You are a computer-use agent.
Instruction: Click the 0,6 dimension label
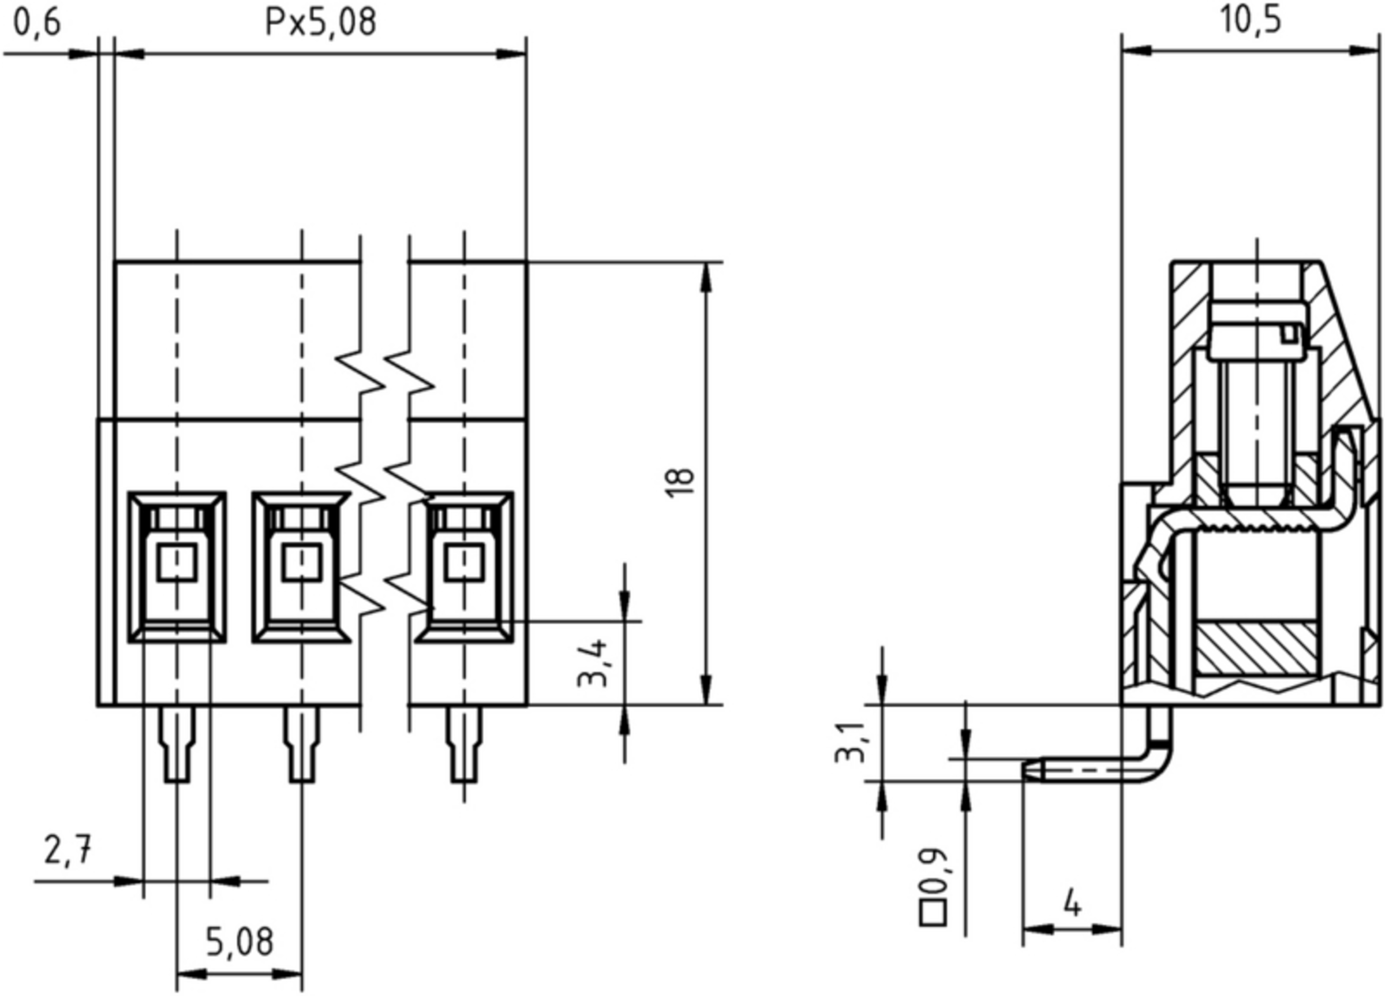pos(38,24)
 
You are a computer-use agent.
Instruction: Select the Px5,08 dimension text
pos(320,23)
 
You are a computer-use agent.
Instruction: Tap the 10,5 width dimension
pos(1250,21)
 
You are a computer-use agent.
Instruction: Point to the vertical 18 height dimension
pos(681,483)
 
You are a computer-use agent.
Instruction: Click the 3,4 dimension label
pos(592,663)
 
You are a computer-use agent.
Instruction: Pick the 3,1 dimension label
pos(849,743)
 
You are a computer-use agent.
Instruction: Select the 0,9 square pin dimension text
pos(934,871)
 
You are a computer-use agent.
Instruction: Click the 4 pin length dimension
pos(1072,904)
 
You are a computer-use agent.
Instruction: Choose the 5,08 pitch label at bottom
pos(239,942)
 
